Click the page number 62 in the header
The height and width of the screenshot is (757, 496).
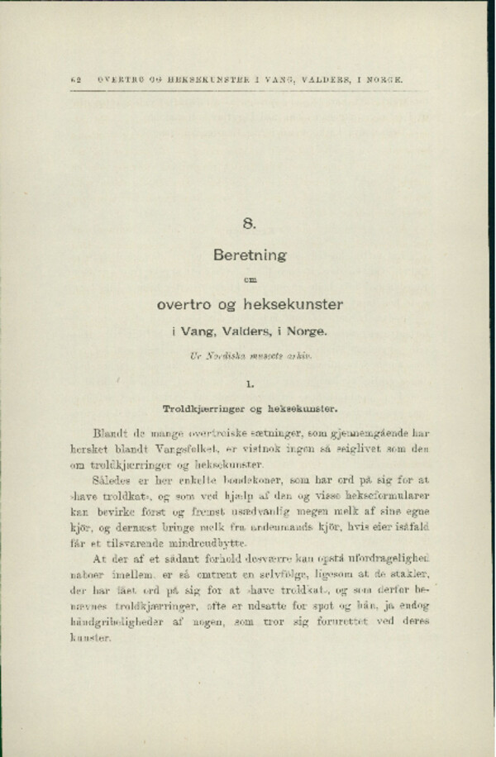click(x=77, y=80)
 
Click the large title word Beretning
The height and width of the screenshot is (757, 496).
click(x=249, y=255)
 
